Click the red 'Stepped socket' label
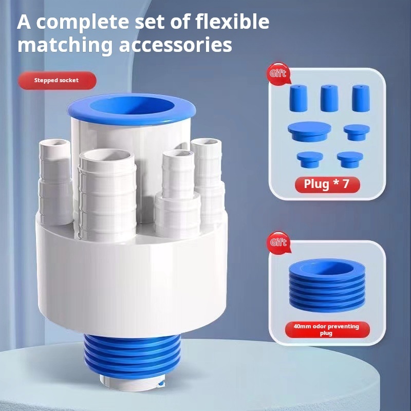click(57, 81)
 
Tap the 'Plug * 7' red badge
click(327, 184)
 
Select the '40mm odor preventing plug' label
click(327, 330)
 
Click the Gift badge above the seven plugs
click(278, 73)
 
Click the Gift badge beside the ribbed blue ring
click(278, 242)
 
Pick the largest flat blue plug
click(309, 132)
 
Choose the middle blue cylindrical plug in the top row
click(329, 98)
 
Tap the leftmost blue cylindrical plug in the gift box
click(298, 98)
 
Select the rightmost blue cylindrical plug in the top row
click(361, 98)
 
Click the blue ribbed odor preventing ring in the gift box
click(327, 285)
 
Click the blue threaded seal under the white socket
click(132, 357)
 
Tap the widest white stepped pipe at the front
click(107, 195)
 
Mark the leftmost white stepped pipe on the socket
click(55, 182)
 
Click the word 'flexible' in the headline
click(232, 22)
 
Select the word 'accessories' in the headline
click(176, 45)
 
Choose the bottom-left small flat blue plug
click(310, 160)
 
